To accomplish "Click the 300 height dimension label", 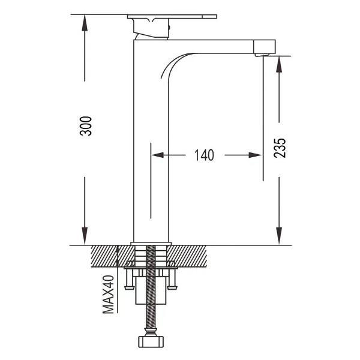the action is coord(85,126).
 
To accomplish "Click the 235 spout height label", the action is coord(280,148).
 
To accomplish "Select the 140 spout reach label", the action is coord(205,155).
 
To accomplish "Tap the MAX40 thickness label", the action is coord(108,294).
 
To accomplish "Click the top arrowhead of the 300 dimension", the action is coord(85,22).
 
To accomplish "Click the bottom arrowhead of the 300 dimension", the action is coord(85,236).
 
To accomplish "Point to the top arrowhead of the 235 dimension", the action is coord(279,64).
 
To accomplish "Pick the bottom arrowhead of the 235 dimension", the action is coord(279,236).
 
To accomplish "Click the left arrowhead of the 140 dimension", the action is coord(158,155).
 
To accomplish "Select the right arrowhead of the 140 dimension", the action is coord(256,155).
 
